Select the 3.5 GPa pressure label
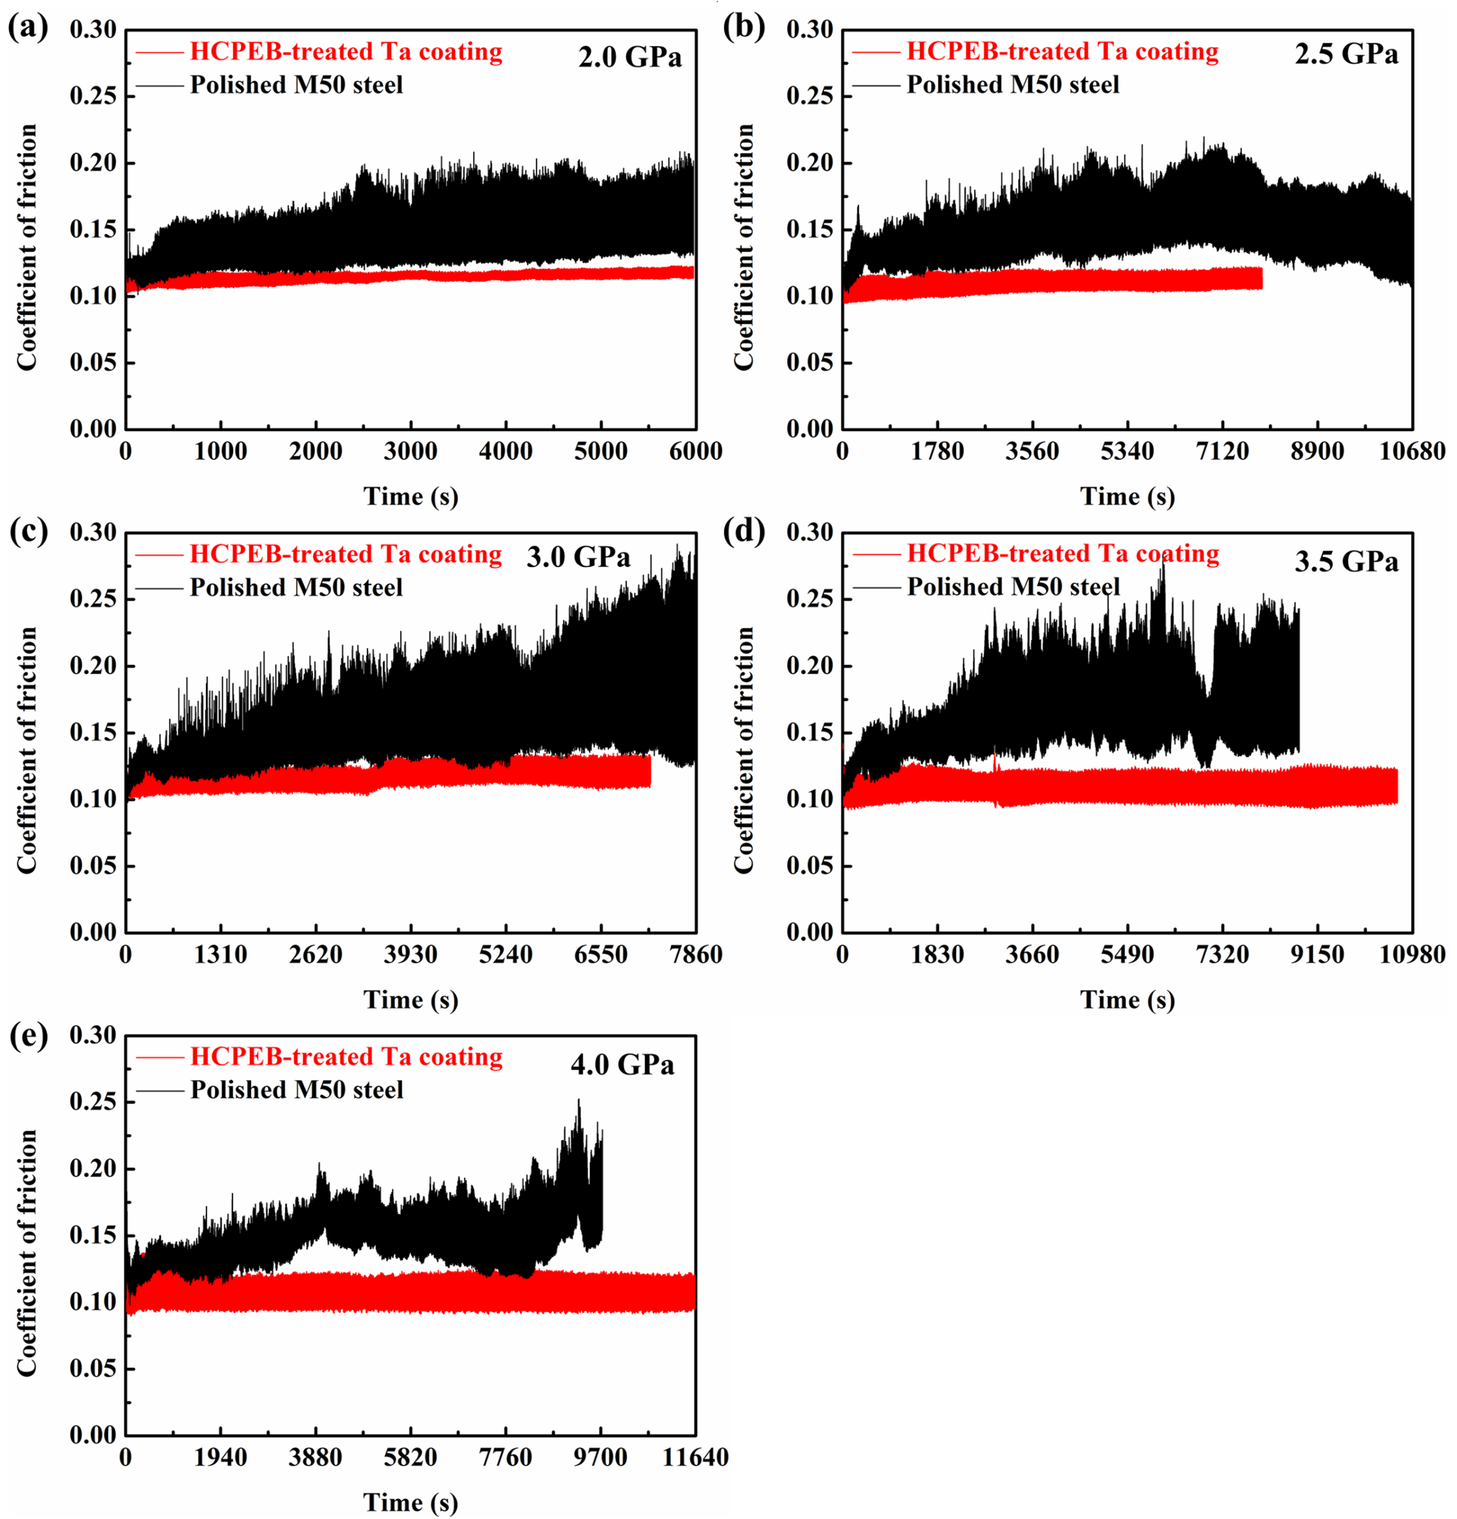pyautogui.click(x=1346, y=561)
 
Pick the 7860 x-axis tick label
pyautogui.click(x=695, y=954)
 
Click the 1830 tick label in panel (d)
pyautogui.click(x=937, y=954)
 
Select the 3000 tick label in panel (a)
pyautogui.click(x=411, y=451)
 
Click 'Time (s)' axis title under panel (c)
pyautogui.click(x=411, y=999)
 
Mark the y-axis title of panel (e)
pyautogui.click(x=27, y=1253)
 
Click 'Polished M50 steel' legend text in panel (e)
pyautogui.click(x=297, y=1090)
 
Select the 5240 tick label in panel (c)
pyautogui.click(x=505, y=954)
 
